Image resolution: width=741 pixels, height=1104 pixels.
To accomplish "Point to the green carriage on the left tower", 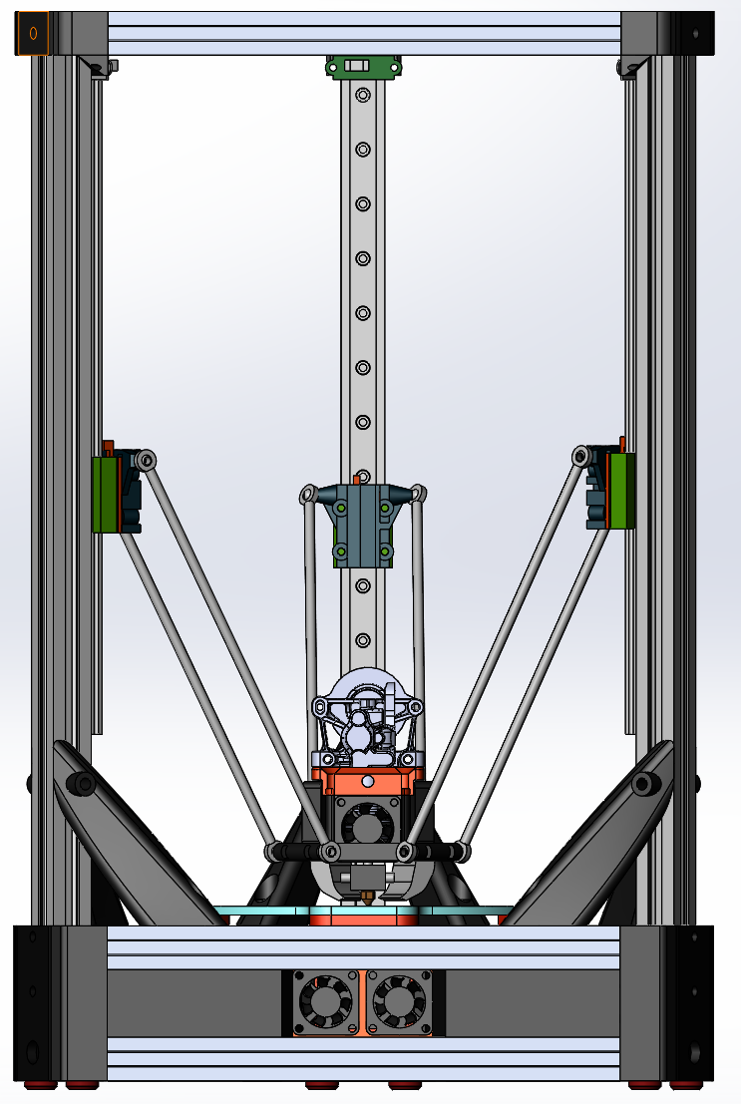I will coord(103,494).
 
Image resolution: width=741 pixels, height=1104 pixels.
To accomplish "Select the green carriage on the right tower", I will coord(621,491).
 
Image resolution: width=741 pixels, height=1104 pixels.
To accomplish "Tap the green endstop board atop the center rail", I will coord(363,67).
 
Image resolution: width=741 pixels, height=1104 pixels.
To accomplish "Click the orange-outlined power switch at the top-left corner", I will coord(32,34).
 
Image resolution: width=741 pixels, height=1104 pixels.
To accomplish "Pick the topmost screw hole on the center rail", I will coord(363,96).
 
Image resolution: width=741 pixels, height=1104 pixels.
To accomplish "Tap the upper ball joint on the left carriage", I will coord(147,460).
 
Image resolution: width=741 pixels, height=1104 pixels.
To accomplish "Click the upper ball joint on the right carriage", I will coord(580,457).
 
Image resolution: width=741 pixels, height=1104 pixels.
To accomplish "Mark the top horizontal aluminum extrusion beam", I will coord(363,33).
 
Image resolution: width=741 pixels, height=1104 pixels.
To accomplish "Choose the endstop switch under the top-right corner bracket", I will coord(628,68).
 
